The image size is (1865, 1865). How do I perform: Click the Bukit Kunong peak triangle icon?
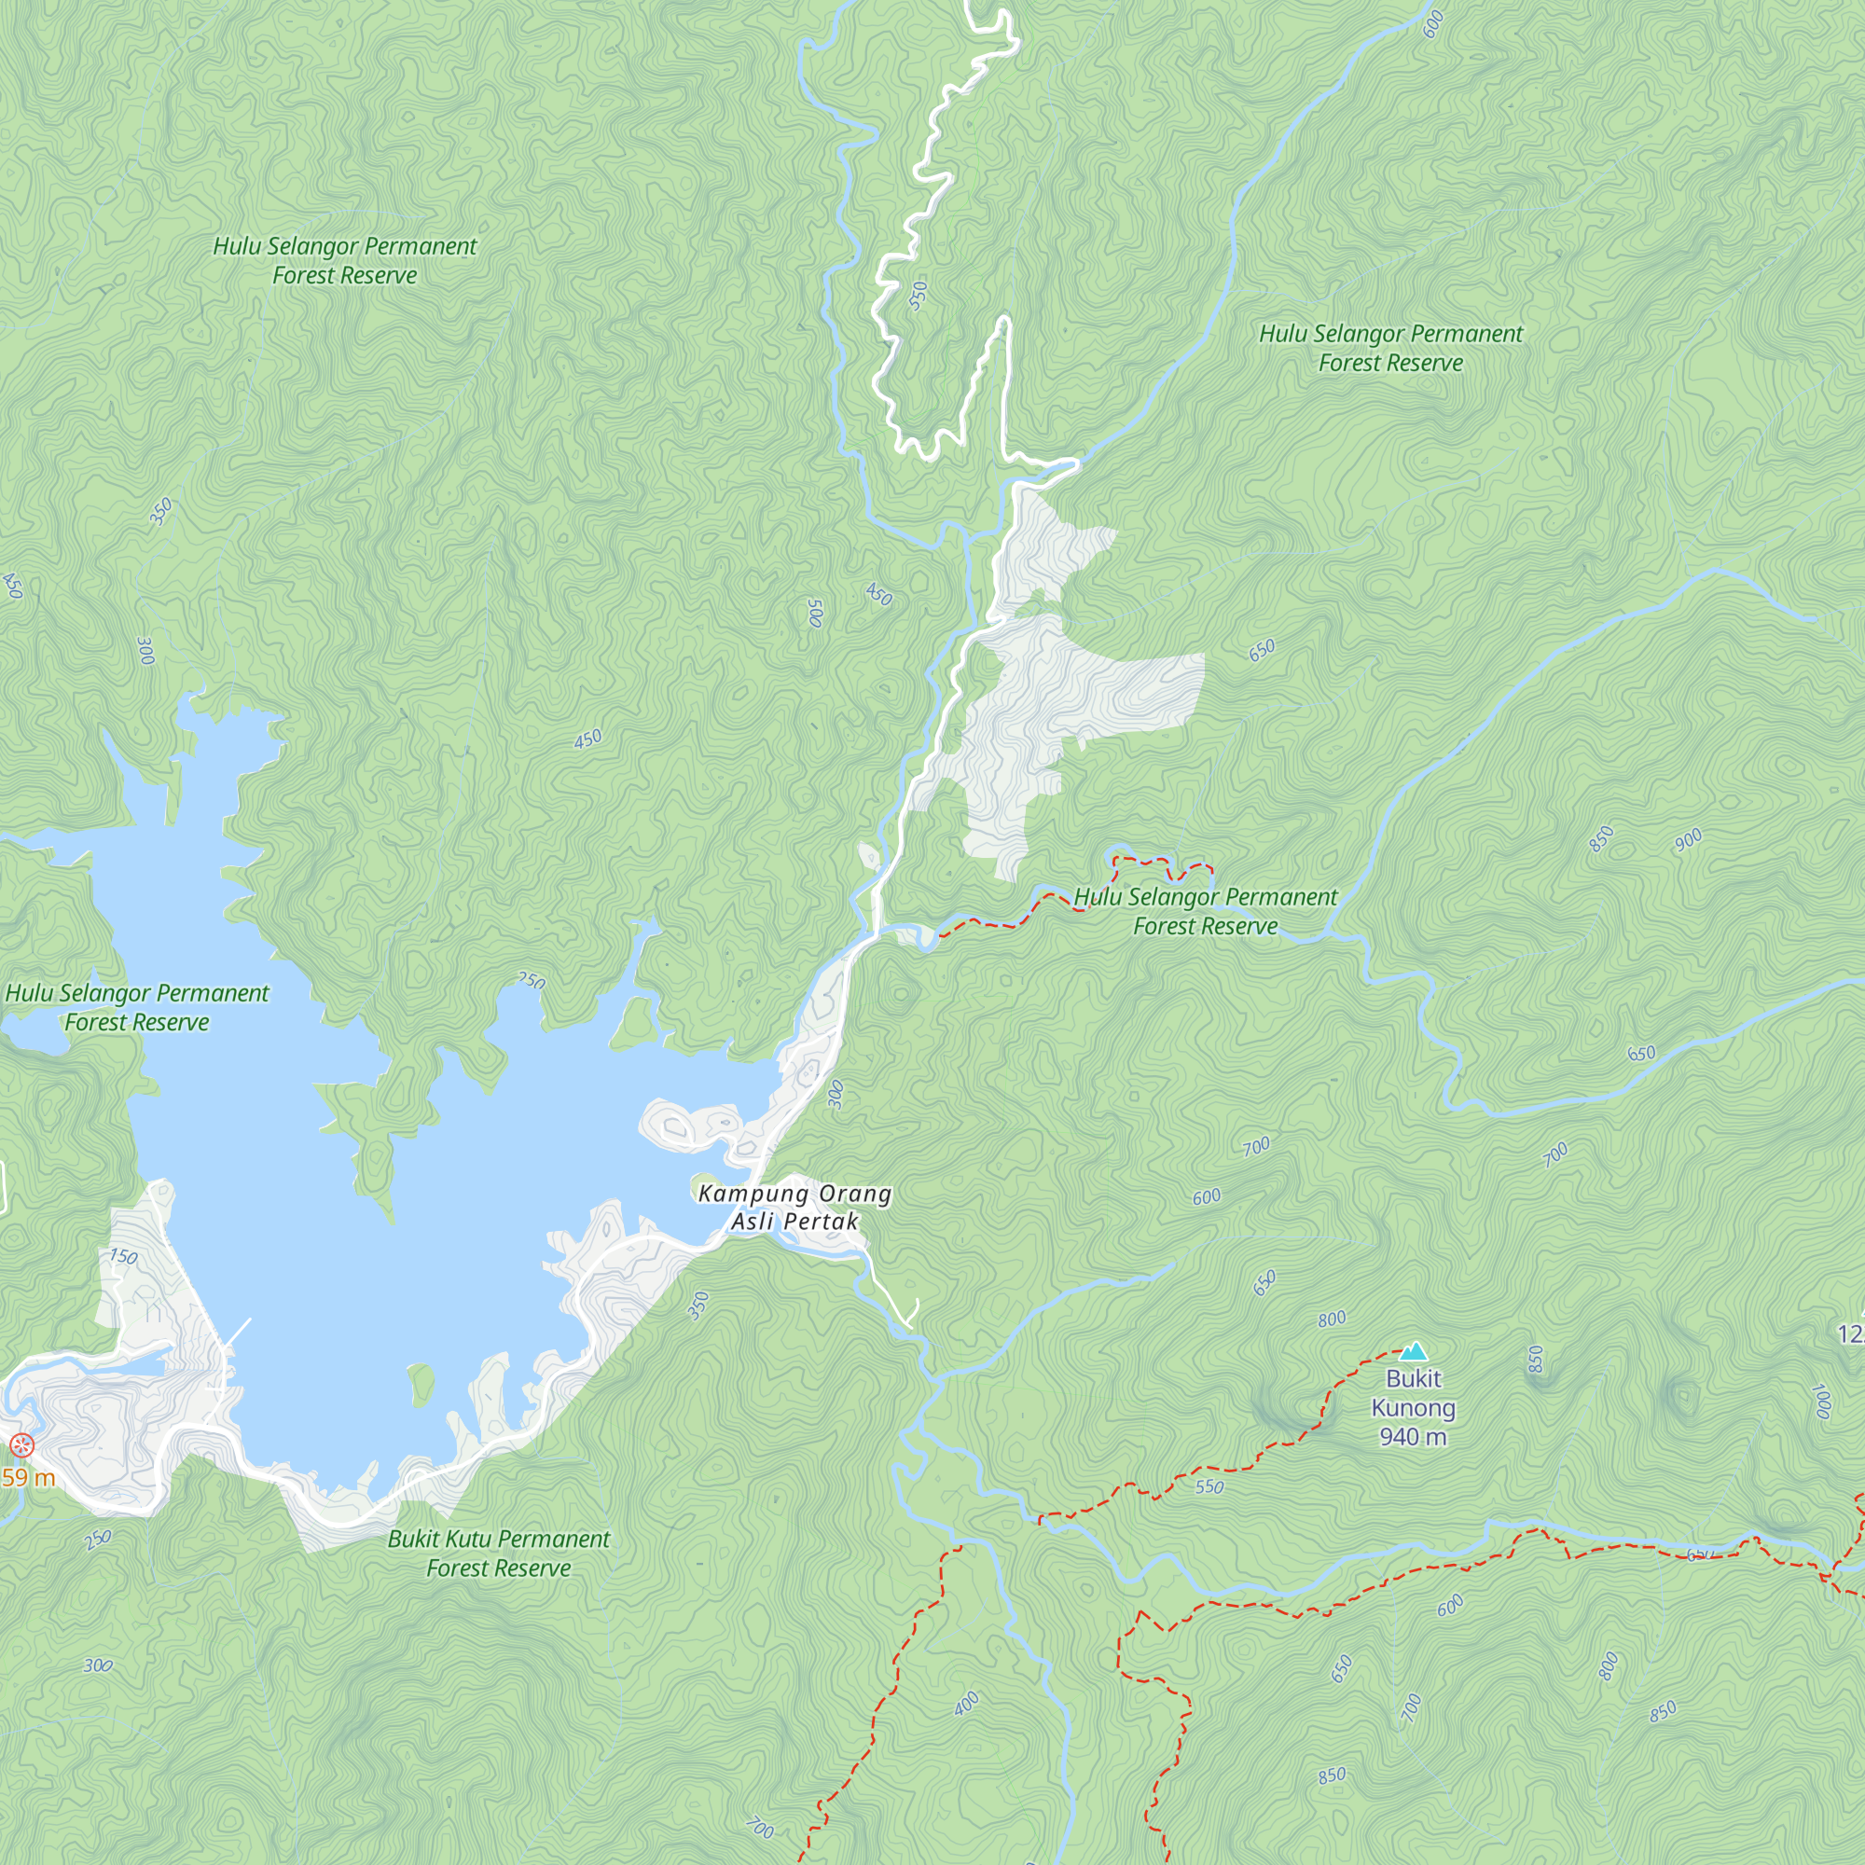click(1414, 1351)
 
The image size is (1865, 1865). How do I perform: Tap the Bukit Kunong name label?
click(1414, 1393)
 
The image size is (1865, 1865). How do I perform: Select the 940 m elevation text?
click(1414, 1437)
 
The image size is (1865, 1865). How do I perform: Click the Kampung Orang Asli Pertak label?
click(794, 1208)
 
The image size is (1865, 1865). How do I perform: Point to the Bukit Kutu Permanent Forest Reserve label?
click(498, 1554)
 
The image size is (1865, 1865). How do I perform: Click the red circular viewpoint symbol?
click(21, 1445)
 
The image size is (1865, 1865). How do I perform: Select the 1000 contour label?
click(1821, 1402)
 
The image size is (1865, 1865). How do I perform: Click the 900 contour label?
click(1689, 840)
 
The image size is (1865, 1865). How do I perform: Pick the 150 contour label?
click(122, 1257)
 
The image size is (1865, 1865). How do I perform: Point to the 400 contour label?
click(966, 1704)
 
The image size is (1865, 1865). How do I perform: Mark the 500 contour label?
click(816, 613)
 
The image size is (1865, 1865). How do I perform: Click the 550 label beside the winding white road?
click(918, 295)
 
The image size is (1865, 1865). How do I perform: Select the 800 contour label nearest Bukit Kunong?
click(1332, 1319)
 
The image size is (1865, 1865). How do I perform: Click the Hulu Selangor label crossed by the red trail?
click(1206, 911)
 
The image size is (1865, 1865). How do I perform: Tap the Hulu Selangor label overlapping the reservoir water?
click(137, 1007)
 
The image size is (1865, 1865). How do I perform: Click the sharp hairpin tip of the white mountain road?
click(1003, 320)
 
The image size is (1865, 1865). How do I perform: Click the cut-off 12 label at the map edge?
click(1852, 1334)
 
